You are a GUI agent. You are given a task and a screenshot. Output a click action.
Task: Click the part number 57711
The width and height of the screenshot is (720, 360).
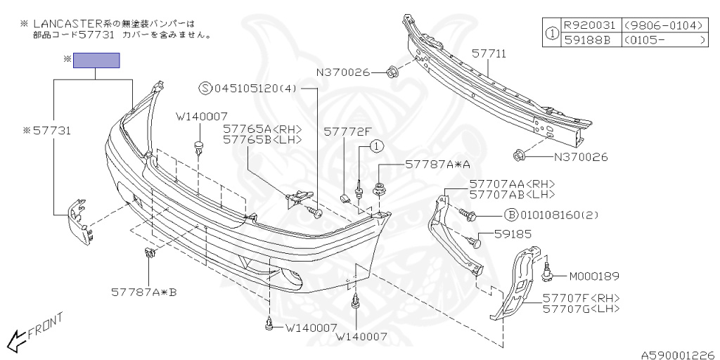click(x=489, y=53)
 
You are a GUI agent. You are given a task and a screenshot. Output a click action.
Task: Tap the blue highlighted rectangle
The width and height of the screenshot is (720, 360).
click(x=97, y=60)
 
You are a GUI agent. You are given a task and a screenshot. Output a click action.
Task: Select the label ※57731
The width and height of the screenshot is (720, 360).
click(x=47, y=130)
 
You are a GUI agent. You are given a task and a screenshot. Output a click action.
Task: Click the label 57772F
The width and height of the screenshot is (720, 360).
click(x=347, y=131)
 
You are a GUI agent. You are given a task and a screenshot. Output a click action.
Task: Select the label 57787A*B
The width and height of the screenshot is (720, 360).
click(x=143, y=291)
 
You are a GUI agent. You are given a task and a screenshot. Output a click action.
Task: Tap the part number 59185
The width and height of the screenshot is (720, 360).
click(x=513, y=234)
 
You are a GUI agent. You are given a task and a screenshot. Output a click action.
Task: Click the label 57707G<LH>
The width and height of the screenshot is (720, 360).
click(x=581, y=308)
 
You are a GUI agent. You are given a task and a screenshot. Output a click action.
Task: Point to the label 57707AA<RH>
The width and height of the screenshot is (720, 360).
click(x=512, y=184)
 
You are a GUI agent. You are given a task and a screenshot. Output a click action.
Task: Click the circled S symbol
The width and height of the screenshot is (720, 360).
click(x=205, y=89)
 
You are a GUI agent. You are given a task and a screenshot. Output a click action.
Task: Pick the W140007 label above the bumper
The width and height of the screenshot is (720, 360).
click(x=202, y=116)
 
